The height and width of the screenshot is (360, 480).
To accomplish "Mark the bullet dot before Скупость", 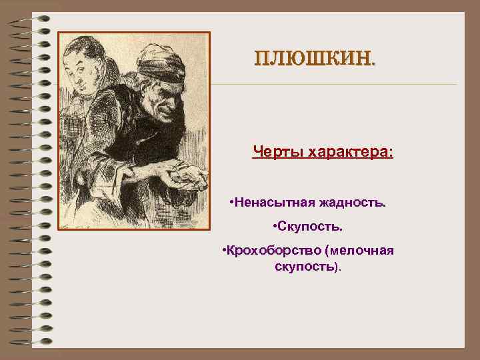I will click(275, 227).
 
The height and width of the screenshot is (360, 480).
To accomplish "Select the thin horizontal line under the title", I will click(333, 85).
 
